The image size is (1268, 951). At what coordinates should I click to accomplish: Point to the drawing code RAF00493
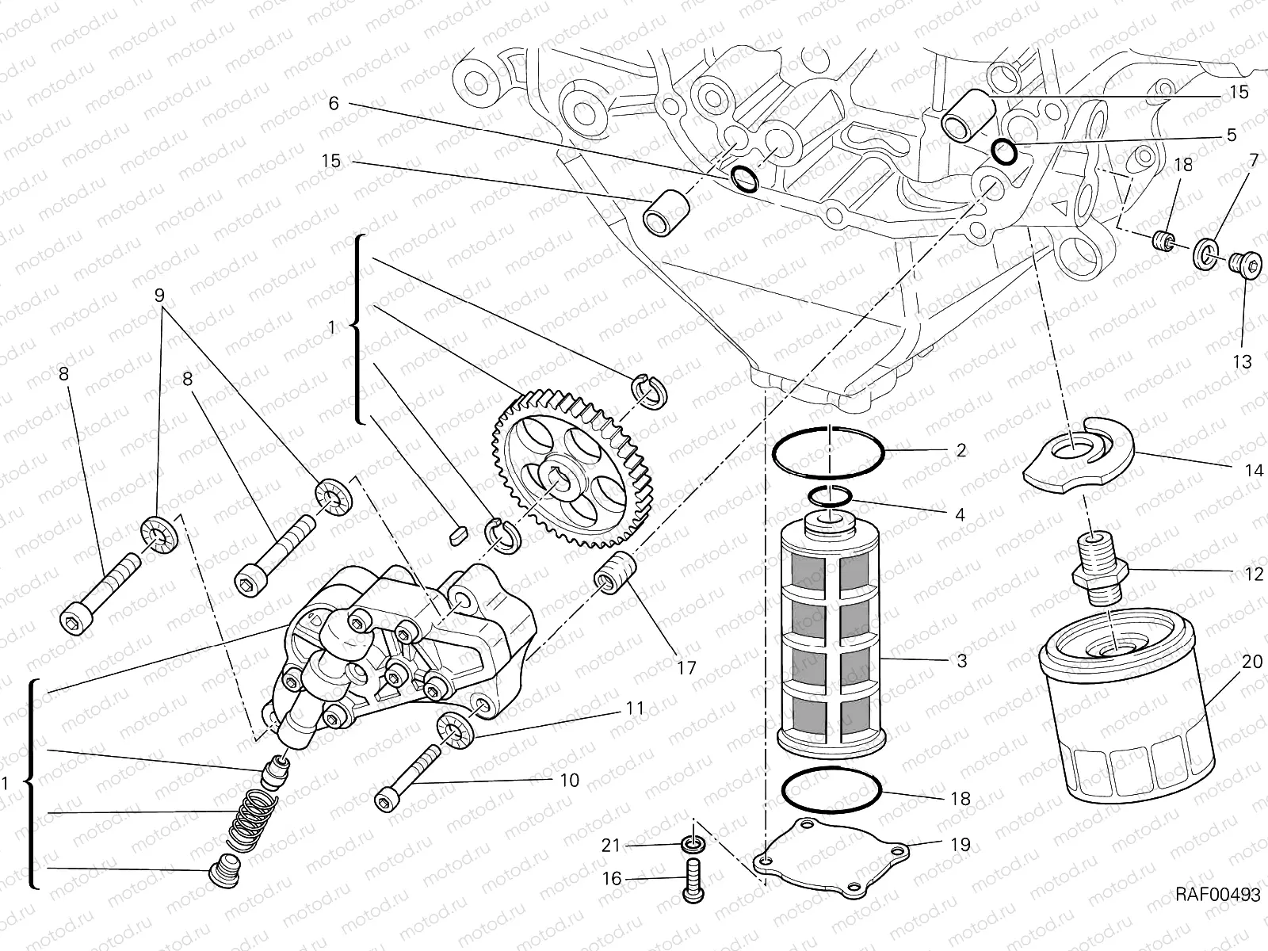[1217, 895]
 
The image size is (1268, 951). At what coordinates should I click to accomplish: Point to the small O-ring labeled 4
[831, 496]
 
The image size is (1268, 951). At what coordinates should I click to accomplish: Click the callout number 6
[333, 103]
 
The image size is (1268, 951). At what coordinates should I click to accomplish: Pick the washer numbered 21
[692, 845]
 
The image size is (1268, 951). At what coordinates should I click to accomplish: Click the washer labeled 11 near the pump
[456, 728]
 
